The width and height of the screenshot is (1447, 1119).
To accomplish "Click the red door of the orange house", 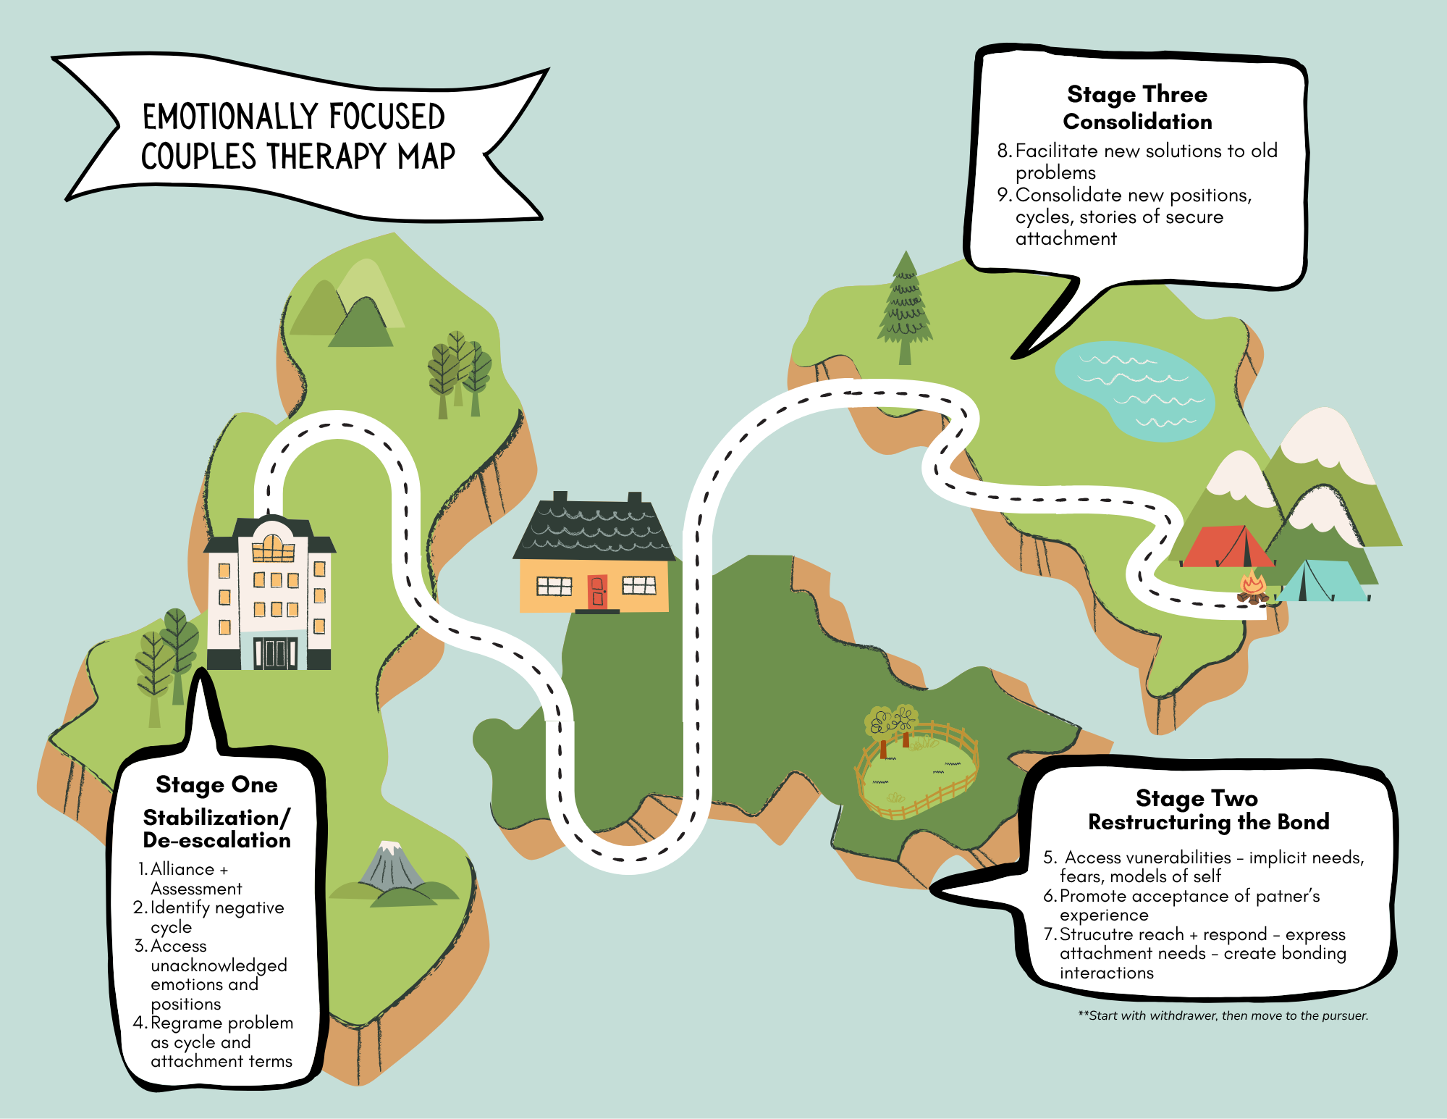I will [597, 591].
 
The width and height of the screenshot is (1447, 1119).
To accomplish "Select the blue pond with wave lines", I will [1133, 391].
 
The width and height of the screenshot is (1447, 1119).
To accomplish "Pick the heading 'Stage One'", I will [216, 784].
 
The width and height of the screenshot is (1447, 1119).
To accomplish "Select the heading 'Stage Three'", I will [1137, 94].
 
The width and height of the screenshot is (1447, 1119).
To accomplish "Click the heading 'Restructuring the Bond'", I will [1209, 822].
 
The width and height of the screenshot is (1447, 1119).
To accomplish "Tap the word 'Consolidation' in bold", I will [1137, 122].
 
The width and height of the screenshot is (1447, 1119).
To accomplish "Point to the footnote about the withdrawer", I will [1223, 1015].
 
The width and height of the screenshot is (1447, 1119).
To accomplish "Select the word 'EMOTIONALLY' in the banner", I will [228, 117].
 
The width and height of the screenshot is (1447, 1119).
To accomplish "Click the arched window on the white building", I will [273, 548].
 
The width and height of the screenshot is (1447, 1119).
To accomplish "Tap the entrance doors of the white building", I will [275, 652].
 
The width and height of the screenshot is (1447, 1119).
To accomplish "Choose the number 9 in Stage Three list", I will [1003, 195].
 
